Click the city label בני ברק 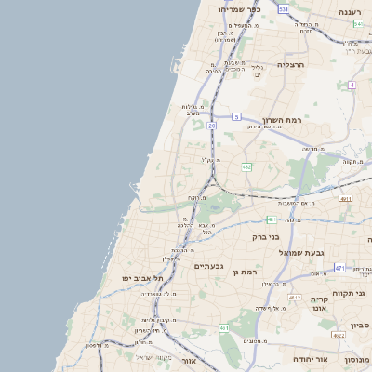(x=266, y=236)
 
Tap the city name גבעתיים (x=209, y=266)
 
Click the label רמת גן (x=243, y=272)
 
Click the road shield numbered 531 (x=282, y=8)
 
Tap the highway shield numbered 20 (x=212, y=125)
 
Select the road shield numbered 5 (x=237, y=117)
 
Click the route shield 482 (x=246, y=167)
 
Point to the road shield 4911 (x=346, y=198)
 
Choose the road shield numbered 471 (x=340, y=268)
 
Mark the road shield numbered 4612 (x=294, y=297)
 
